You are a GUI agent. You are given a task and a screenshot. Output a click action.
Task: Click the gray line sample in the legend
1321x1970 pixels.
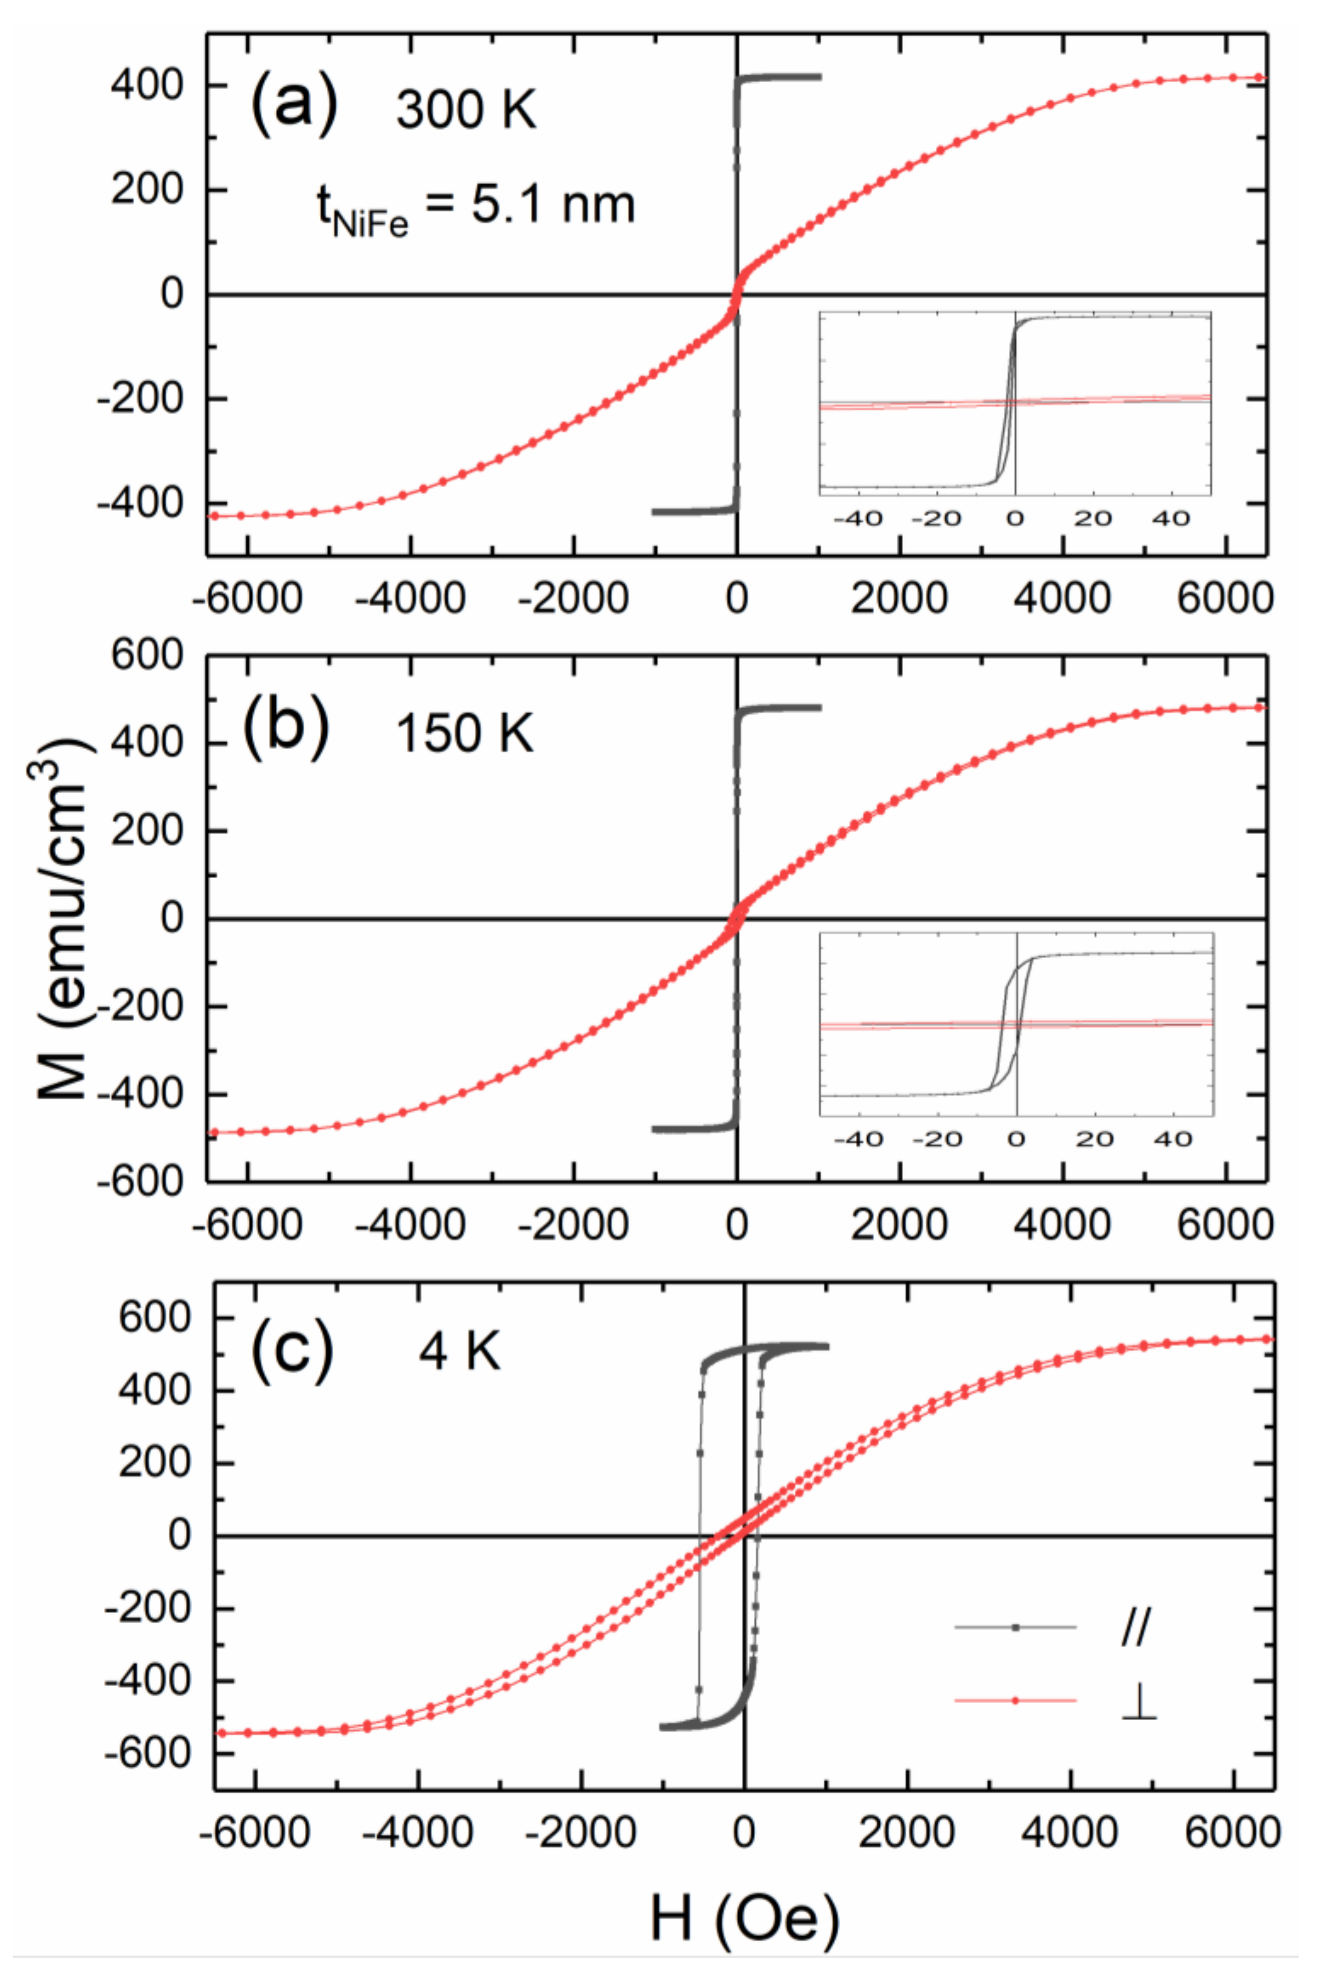[x=1015, y=1626]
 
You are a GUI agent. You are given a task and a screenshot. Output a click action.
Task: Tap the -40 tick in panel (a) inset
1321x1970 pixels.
[x=858, y=518]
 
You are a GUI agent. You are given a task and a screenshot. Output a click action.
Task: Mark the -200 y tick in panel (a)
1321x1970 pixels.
[x=140, y=398]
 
